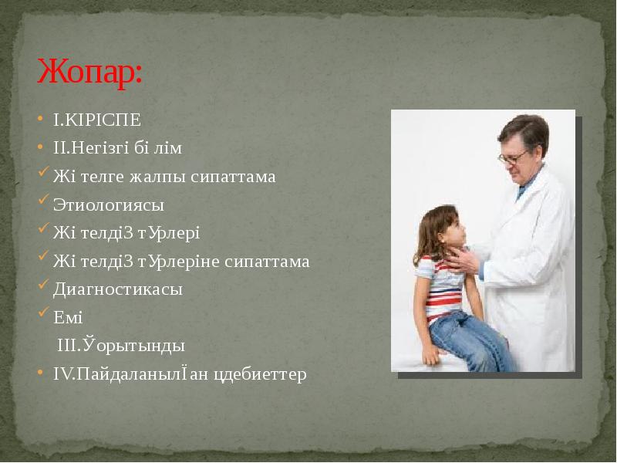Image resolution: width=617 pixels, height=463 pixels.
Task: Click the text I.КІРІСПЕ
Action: [x=97, y=120]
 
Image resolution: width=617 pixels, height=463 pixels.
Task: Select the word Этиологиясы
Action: [x=109, y=205]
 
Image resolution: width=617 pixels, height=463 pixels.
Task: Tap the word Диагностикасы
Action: [x=118, y=289]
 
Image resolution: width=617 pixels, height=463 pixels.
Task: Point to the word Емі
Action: [x=68, y=317]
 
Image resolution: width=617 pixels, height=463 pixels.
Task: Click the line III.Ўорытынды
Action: [x=121, y=346]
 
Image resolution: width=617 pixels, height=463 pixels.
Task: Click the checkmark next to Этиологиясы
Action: [x=43, y=203]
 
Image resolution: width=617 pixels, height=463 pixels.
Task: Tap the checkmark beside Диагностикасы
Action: [x=43, y=287]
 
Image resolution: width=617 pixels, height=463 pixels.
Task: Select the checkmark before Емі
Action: [x=43, y=315]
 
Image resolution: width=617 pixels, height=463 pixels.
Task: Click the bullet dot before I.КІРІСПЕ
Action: [x=42, y=121]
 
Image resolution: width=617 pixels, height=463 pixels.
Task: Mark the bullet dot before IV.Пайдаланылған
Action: [x=42, y=374]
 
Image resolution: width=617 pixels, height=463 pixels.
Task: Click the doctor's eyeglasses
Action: [x=512, y=157]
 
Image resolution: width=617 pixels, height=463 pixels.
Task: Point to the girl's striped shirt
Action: [x=443, y=286]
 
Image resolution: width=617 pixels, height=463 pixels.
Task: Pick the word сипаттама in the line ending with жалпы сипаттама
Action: [x=242, y=177]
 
